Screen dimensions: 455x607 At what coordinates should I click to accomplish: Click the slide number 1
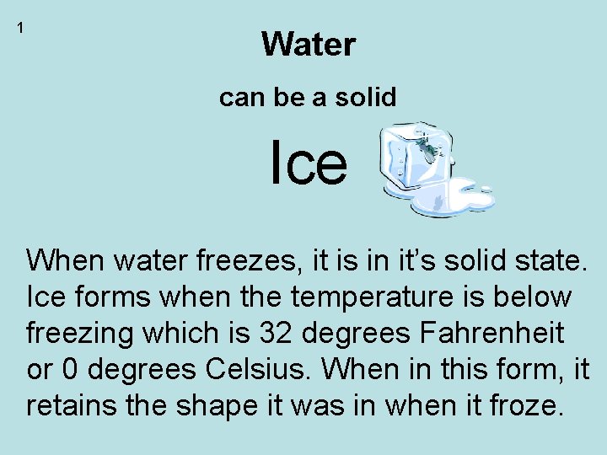(20, 28)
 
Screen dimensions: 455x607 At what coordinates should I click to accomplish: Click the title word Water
(309, 44)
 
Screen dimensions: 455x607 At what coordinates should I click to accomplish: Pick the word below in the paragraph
(531, 297)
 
